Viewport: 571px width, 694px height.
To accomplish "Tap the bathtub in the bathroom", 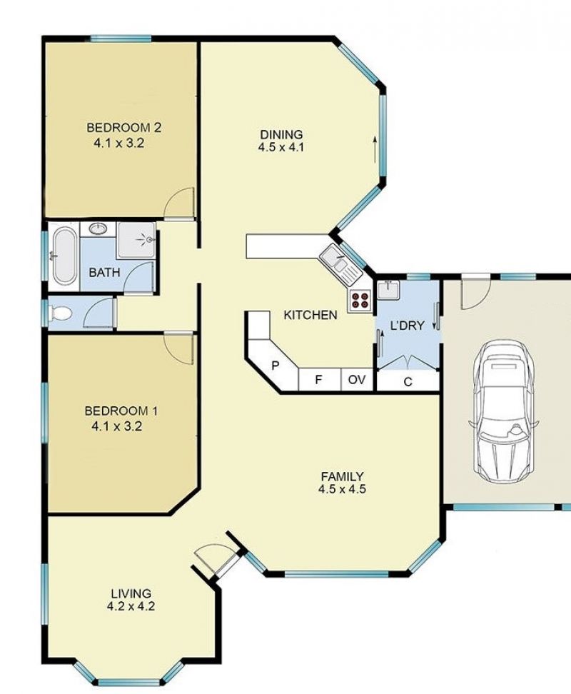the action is [x=64, y=256].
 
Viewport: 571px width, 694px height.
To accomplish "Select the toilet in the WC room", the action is [x=61, y=314].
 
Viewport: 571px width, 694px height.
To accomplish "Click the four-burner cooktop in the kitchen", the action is [x=360, y=300].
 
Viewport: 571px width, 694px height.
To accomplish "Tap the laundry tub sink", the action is [x=388, y=290].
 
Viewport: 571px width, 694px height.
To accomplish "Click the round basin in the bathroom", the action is [x=97, y=228].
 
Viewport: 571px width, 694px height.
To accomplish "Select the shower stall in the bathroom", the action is [x=136, y=241].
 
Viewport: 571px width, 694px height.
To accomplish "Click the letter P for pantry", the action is [x=275, y=366].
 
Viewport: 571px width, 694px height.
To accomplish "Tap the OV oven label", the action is [x=357, y=380].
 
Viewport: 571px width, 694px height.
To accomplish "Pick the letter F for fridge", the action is [x=318, y=380].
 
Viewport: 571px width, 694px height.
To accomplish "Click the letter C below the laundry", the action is [x=408, y=381].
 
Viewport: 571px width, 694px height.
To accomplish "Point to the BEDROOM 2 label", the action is [x=124, y=128].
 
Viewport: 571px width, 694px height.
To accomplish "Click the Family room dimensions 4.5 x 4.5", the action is [x=342, y=489].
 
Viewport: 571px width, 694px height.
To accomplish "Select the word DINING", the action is [x=281, y=134].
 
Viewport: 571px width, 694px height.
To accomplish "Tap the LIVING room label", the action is [x=131, y=593].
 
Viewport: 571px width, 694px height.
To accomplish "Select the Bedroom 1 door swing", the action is [x=180, y=348].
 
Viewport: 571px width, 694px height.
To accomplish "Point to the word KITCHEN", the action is [x=310, y=315].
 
